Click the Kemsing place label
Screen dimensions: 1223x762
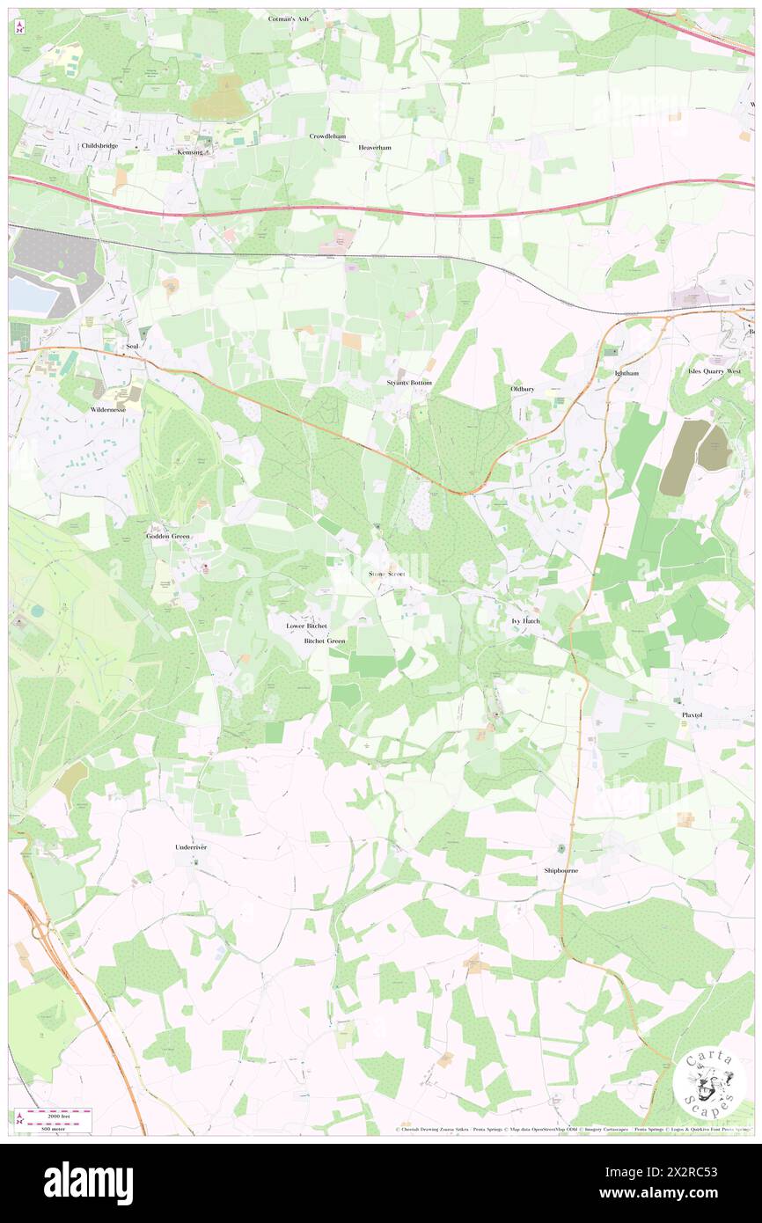point(189,152)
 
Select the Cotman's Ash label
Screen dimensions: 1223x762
point(289,18)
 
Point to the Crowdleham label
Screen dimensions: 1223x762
point(326,136)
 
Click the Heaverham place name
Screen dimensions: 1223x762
point(374,147)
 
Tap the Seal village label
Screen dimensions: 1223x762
point(132,347)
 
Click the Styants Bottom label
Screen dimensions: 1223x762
point(409,383)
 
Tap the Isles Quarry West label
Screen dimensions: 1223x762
point(714,371)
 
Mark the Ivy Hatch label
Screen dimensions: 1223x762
point(525,621)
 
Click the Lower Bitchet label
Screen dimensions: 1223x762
point(306,626)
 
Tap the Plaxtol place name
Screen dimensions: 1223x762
point(692,715)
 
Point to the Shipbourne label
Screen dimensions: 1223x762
point(561,870)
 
